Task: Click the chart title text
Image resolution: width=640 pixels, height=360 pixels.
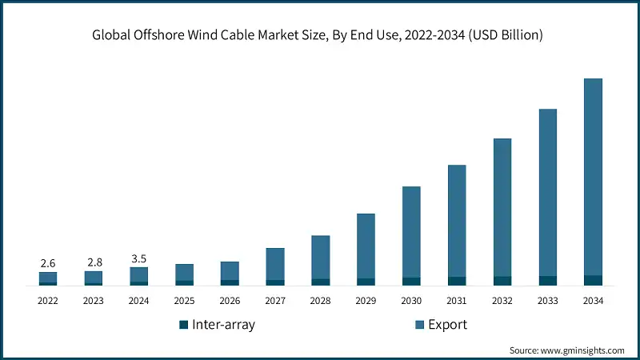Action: (319, 35)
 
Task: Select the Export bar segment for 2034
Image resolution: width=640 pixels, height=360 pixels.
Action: (593, 176)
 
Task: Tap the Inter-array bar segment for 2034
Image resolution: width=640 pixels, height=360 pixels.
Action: (593, 280)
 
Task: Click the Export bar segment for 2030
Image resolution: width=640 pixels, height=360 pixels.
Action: (411, 232)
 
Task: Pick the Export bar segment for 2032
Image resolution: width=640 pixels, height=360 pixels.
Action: (502, 207)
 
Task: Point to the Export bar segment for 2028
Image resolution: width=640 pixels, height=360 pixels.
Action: (320, 257)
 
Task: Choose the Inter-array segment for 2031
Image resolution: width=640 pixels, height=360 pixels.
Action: (457, 281)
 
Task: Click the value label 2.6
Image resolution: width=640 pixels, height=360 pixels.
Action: (48, 263)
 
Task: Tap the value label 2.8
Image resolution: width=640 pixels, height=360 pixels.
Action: (94, 262)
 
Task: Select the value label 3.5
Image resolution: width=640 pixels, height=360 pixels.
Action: (138, 258)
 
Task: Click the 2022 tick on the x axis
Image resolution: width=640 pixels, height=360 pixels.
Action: (48, 301)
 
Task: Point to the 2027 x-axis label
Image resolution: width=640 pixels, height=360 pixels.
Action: (275, 301)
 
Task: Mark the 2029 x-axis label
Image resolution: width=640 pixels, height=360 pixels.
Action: (366, 301)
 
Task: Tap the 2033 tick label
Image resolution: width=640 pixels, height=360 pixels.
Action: (547, 301)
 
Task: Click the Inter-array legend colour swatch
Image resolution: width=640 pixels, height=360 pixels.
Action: (183, 325)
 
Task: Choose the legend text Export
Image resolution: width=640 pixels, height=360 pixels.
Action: (447, 325)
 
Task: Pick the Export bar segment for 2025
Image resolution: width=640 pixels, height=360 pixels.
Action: (184, 272)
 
